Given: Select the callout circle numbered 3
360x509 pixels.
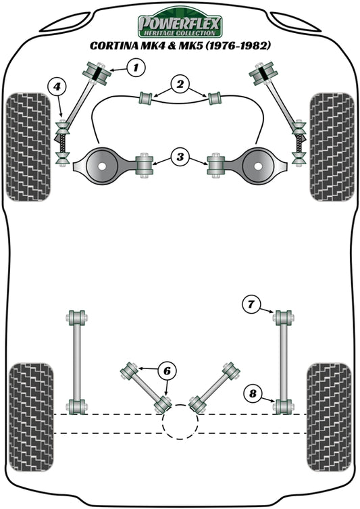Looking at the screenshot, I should [x=179, y=158].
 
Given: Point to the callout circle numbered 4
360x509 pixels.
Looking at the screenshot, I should [x=57, y=86].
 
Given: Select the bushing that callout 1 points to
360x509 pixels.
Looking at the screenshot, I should [x=98, y=72].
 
